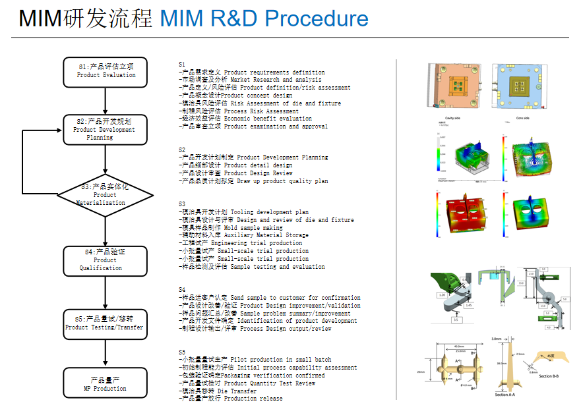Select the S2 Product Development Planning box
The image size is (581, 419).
[106, 129]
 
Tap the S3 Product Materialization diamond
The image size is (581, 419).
[106, 194]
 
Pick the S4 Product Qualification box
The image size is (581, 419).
[106, 260]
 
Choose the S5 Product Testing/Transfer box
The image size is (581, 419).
[106, 323]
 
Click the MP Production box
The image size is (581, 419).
[106, 384]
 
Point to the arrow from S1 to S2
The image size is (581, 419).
[106, 100]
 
